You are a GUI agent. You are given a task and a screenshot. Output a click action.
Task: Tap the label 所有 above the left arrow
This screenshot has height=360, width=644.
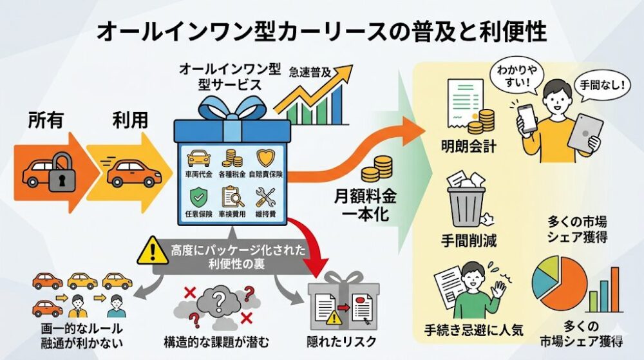46,120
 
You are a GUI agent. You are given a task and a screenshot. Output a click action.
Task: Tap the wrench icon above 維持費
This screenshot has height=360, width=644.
265,195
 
